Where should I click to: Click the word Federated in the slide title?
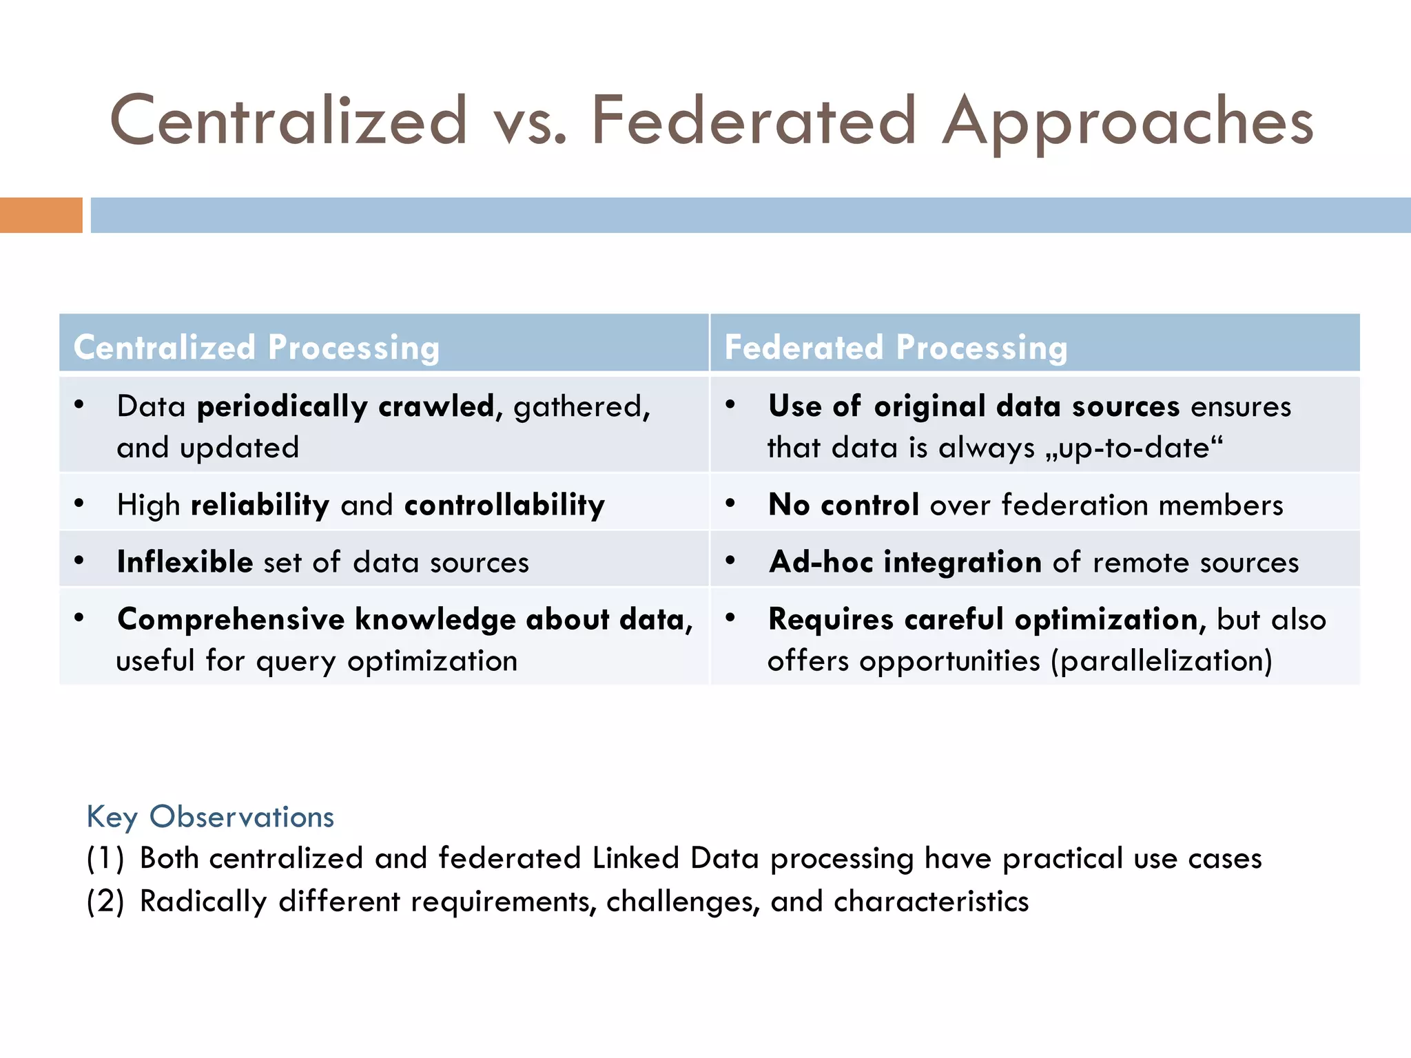click(x=754, y=121)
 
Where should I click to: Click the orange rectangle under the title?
click(x=41, y=215)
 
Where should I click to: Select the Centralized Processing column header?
click(x=256, y=347)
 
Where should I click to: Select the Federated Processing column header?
click(x=896, y=347)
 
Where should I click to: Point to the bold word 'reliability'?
click(x=260, y=505)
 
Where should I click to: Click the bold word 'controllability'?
click(x=504, y=505)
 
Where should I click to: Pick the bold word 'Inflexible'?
click(x=185, y=562)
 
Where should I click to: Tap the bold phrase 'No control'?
click(x=843, y=505)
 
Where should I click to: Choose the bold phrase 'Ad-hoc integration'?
click(x=905, y=562)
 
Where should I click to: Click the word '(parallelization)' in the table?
click(x=1162, y=661)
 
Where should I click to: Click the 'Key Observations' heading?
click(x=210, y=817)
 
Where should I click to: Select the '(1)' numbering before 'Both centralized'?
click(x=105, y=859)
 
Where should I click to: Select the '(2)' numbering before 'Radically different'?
click(x=105, y=902)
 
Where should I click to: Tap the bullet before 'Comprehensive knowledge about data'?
click(x=79, y=617)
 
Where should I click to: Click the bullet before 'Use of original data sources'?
click(x=730, y=404)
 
